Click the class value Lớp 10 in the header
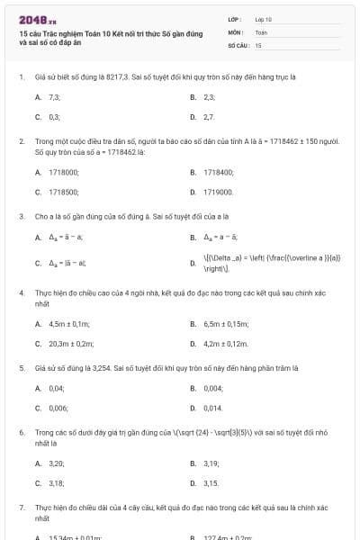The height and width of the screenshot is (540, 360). coord(264,18)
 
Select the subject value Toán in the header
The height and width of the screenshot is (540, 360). coord(261,31)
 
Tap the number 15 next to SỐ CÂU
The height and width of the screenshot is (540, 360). coord(258,44)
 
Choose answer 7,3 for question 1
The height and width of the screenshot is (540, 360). coord(55,96)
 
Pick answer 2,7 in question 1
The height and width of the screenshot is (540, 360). coord(209,117)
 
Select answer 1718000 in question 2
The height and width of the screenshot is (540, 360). coord(63,171)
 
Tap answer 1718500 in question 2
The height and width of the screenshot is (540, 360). coord(63,192)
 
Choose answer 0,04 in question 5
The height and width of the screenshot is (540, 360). coord(57,388)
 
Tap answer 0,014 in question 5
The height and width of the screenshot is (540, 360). coord(213,409)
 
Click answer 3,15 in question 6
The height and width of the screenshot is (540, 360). coord(211,483)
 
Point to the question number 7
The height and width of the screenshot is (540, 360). coord(21,508)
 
